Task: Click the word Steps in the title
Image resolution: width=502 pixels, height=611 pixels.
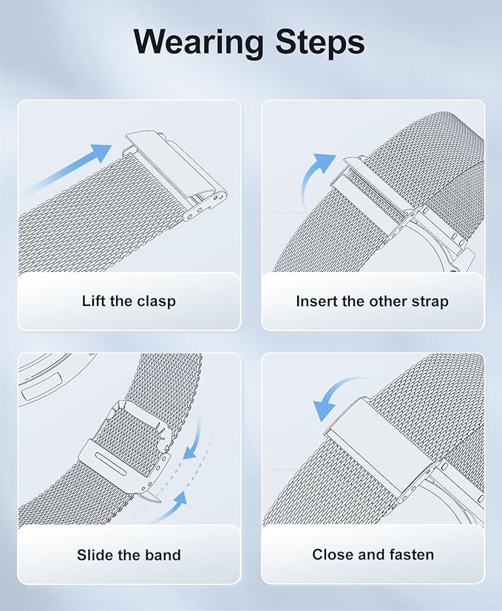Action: [320, 42]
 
